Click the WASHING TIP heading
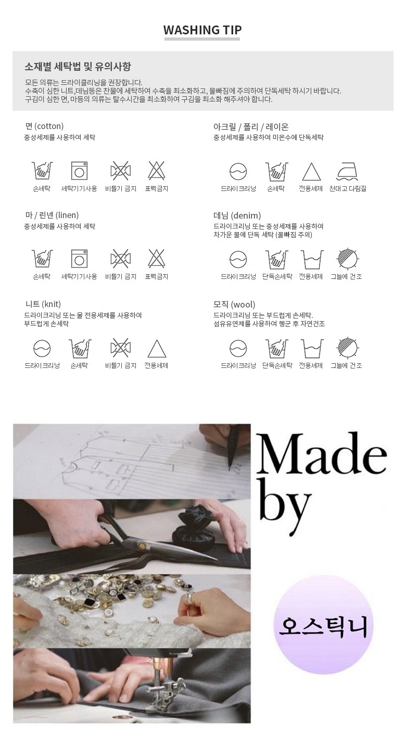tap(202, 30)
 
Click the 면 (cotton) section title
tap(44, 126)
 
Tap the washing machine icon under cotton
tap(79, 171)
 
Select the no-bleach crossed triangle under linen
tap(157, 258)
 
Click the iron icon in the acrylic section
tap(348, 172)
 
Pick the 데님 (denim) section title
tap(237, 215)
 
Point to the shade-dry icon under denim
tap(347, 259)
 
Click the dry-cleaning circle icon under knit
tap(42, 348)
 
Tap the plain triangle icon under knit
tap(157, 349)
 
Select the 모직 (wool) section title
tap(234, 304)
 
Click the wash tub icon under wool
tap(312, 348)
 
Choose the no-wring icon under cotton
tap(120, 171)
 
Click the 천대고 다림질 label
tap(348, 189)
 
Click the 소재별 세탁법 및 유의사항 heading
tap(78, 67)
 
